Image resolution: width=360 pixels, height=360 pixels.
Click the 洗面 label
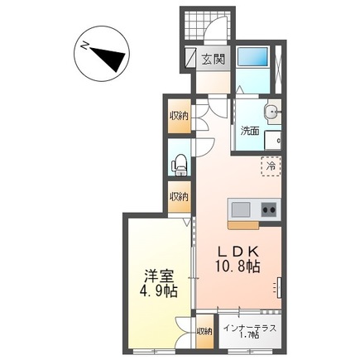tap(250, 130)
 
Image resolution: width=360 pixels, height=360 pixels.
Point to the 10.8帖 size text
tap(237, 267)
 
